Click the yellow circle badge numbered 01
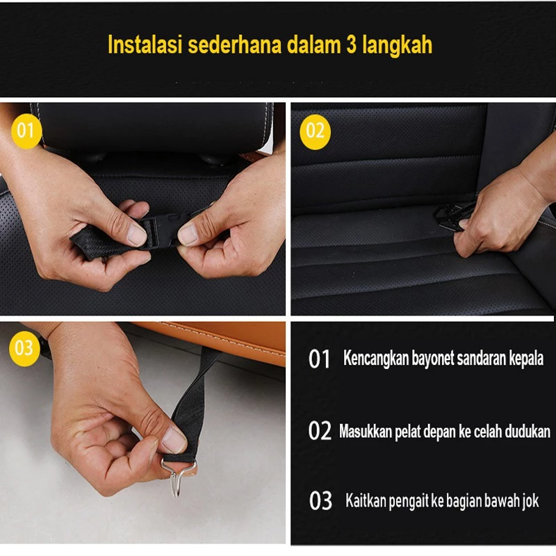point(26,131)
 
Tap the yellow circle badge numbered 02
point(315,131)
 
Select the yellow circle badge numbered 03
point(24,348)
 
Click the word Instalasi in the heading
point(145,44)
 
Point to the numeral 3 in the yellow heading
point(351,44)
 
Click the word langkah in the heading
point(397,45)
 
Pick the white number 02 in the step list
point(320,431)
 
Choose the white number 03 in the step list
point(320,500)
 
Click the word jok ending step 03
point(531,501)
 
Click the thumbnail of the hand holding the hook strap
point(142,432)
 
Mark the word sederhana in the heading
point(234,44)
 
